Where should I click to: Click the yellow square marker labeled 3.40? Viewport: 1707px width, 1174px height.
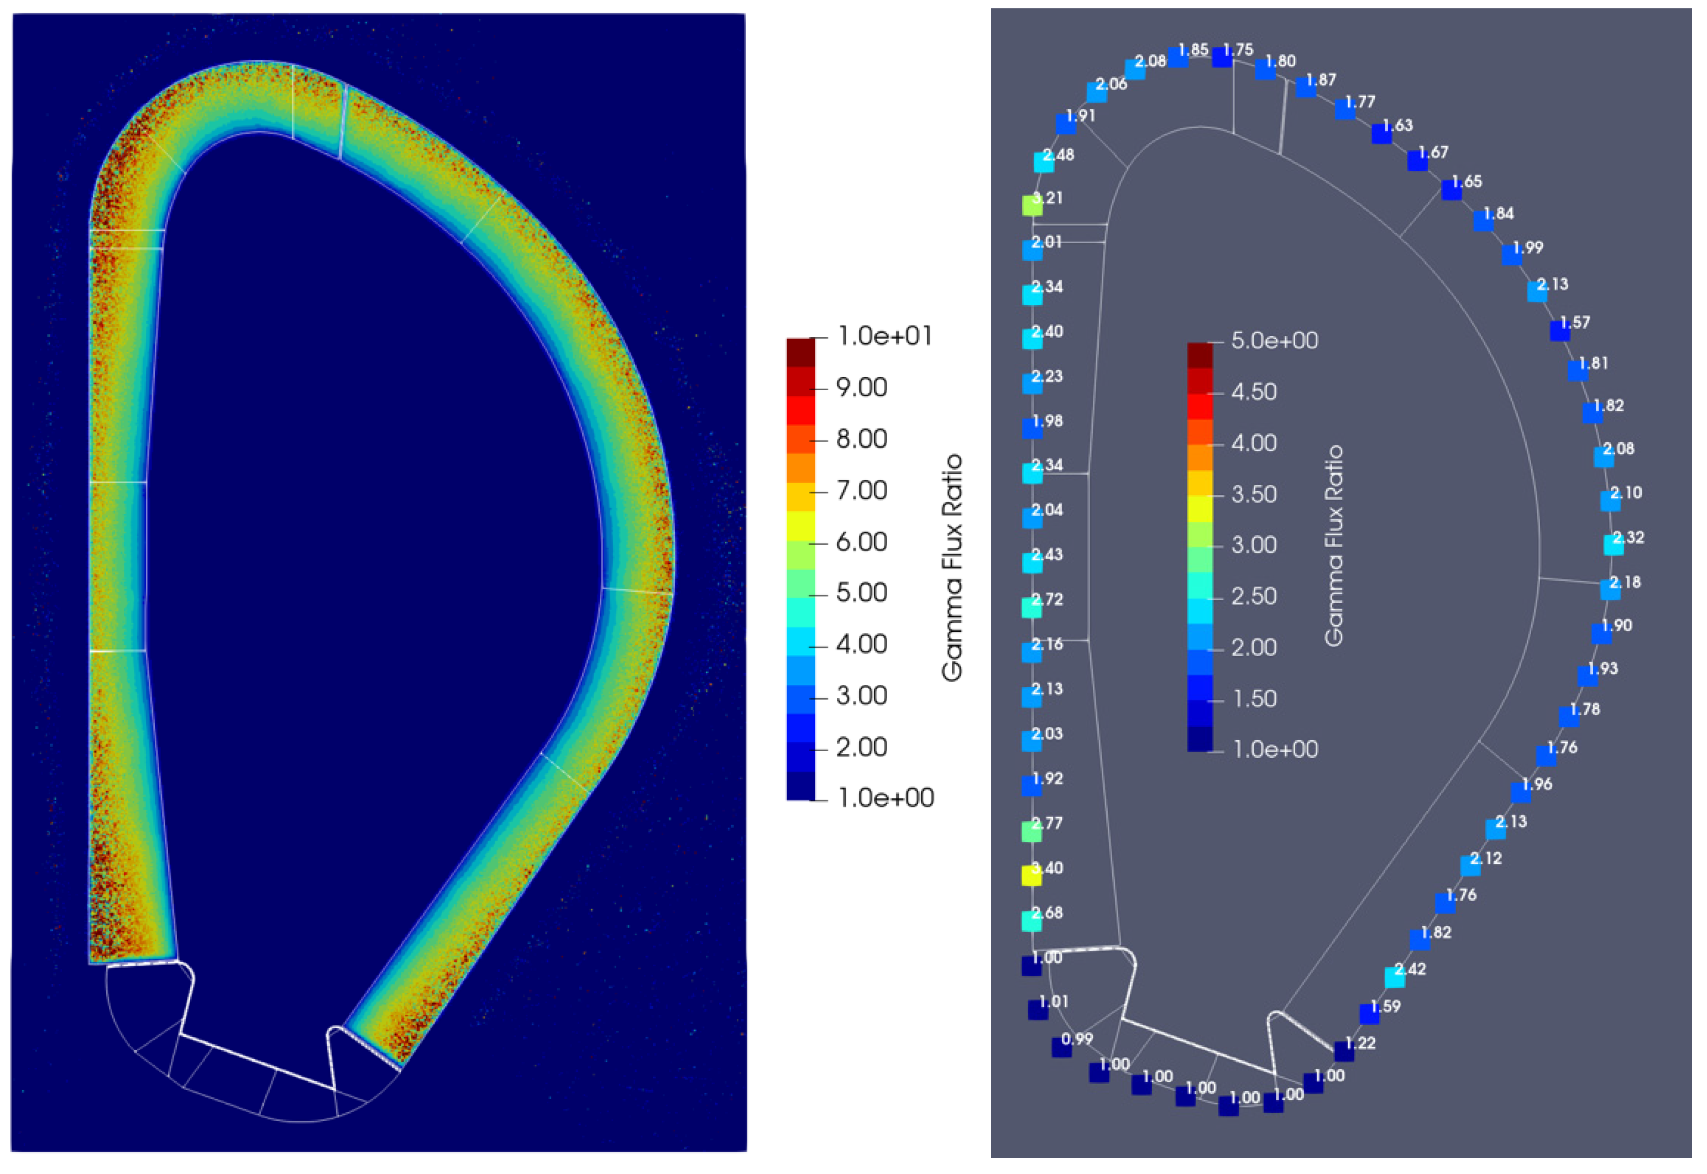[1032, 876]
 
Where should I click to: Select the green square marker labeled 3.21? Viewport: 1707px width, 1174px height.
[1033, 206]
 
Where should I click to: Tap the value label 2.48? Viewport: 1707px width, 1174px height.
[1059, 154]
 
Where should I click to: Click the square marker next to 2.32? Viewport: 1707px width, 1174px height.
[1614, 545]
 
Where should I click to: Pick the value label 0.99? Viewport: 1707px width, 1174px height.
[1077, 1039]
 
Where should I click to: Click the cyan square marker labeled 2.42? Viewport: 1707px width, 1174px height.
[1395, 978]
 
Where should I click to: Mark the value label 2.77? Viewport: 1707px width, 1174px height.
[1048, 823]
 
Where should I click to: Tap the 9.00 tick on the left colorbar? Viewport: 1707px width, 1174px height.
[861, 387]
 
